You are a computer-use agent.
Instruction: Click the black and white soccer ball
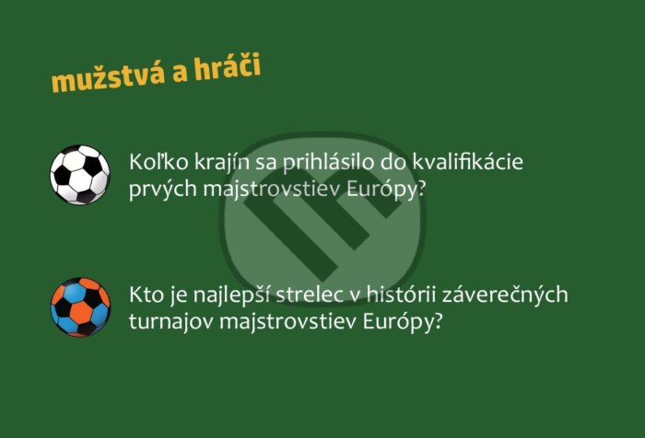tap(80, 175)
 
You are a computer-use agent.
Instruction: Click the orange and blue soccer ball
tap(80, 307)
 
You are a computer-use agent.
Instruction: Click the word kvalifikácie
tap(468, 161)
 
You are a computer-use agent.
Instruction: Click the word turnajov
tap(171, 322)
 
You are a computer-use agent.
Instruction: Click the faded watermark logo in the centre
tap(323, 218)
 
